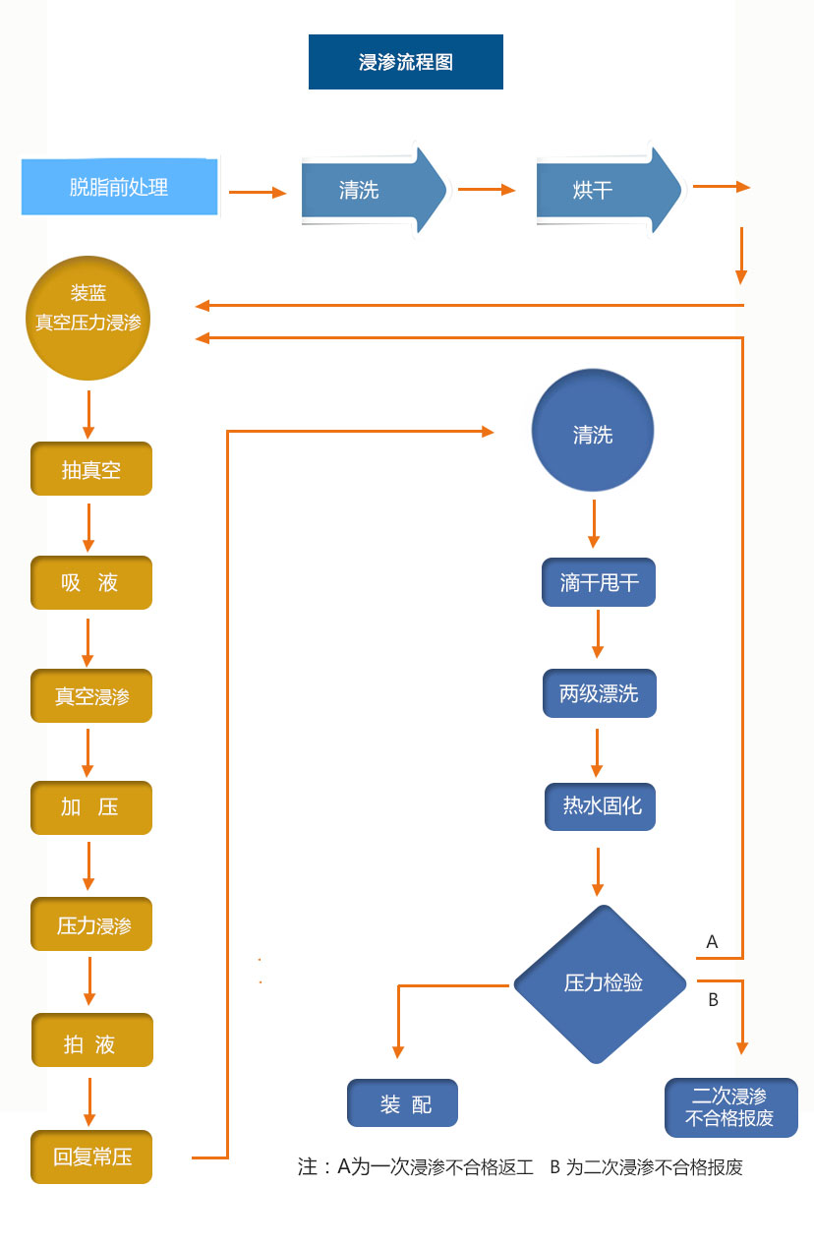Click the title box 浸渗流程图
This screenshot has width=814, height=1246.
[x=405, y=62]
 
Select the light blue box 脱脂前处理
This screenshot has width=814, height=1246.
[x=119, y=186]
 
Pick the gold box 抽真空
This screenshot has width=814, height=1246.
[x=91, y=469]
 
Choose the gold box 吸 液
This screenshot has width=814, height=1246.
[x=91, y=583]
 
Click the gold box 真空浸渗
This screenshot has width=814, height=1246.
[x=91, y=696]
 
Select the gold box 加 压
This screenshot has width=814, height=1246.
[x=91, y=807]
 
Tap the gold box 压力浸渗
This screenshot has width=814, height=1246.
[x=91, y=924]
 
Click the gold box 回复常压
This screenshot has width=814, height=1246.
[x=91, y=1157]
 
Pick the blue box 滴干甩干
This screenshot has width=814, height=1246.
[x=599, y=582]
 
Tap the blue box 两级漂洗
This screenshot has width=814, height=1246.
[x=599, y=693]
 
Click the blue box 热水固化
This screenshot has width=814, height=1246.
[x=600, y=806]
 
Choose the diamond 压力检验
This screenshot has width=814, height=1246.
[x=601, y=982]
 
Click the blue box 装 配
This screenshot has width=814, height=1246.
[x=403, y=1103]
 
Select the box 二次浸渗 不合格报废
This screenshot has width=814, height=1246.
[x=730, y=1107]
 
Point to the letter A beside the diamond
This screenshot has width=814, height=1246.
[x=713, y=942]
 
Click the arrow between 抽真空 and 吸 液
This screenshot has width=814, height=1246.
[x=89, y=527]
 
